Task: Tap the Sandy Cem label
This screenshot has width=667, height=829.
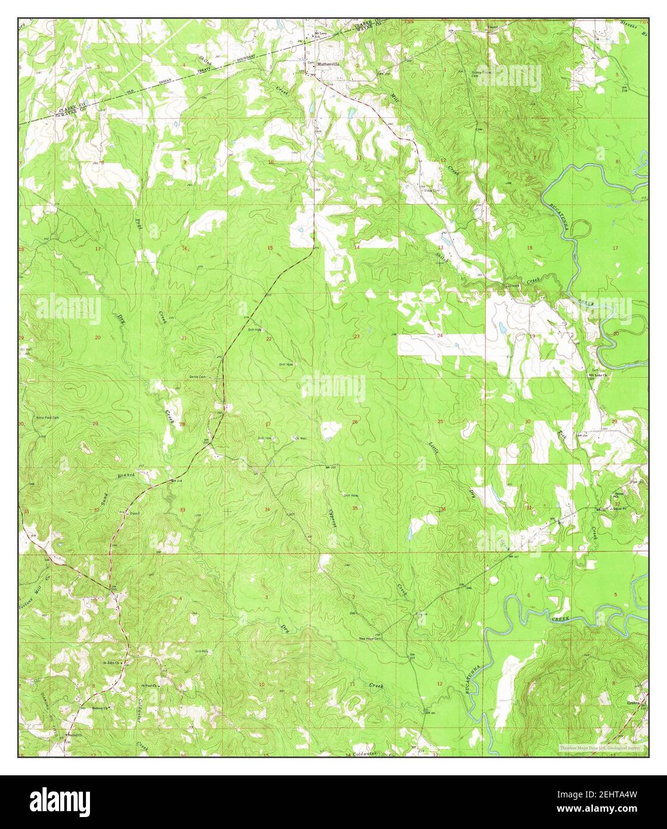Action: pyautogui.click(x=197, y=376)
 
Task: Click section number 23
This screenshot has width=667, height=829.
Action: pyautogui.click(x=356, y=337)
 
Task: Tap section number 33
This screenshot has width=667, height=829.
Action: pyautogui.click(x=182, y=510)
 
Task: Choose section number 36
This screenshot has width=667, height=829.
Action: pyautogui.click(x=443, y=509)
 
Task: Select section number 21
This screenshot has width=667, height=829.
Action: pyautogui.click(x=184, y=338)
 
